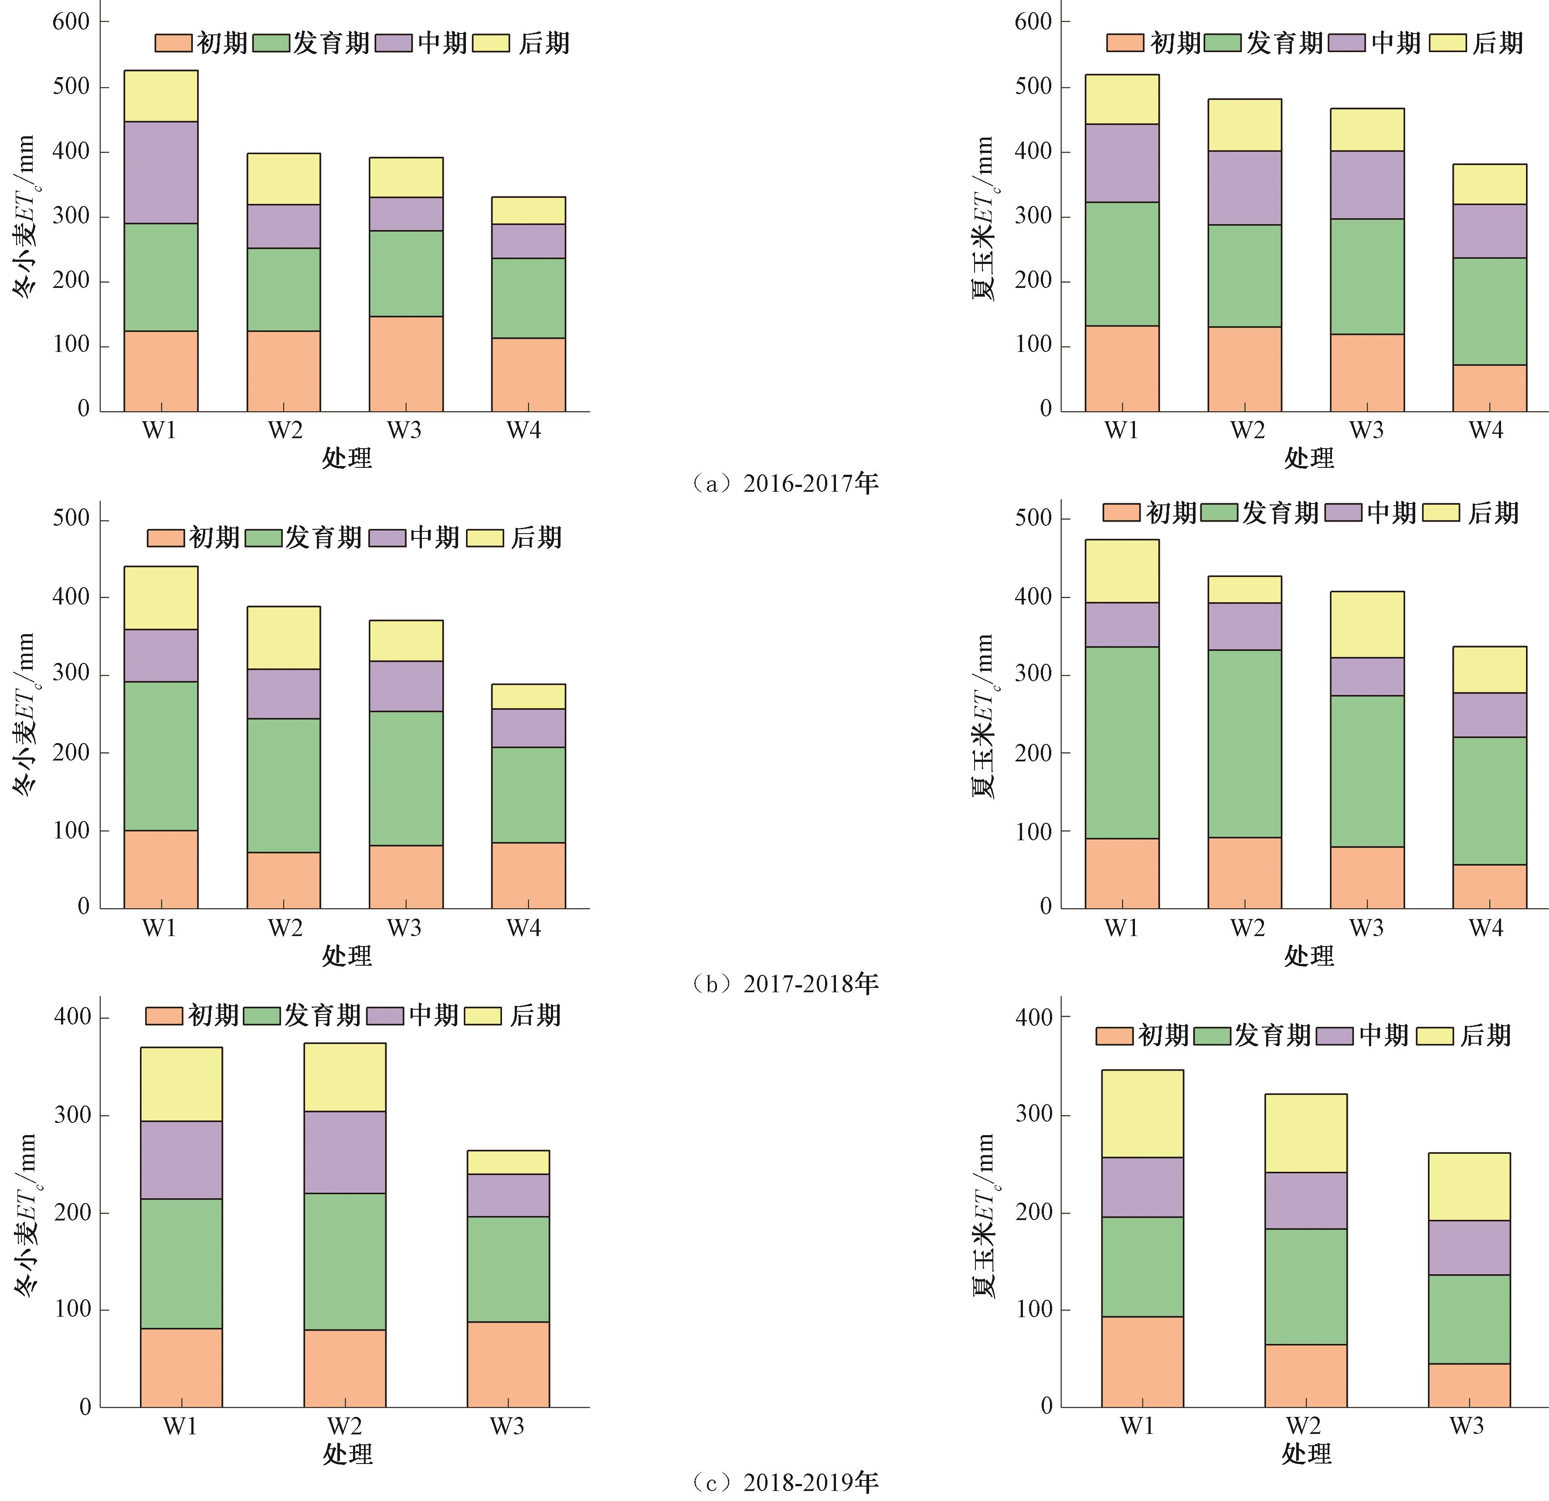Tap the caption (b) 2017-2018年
click(785, 984)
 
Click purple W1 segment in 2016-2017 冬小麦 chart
click(161, 172)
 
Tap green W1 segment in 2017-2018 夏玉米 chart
click(1121, 743)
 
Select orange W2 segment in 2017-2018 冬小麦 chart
click(284, 880)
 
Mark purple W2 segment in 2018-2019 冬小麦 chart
click(345, 1152)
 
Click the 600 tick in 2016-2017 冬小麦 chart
click(71, 22)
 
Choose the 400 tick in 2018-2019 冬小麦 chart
click(73, 1017)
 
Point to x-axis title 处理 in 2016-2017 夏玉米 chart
click(1309, 457)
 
